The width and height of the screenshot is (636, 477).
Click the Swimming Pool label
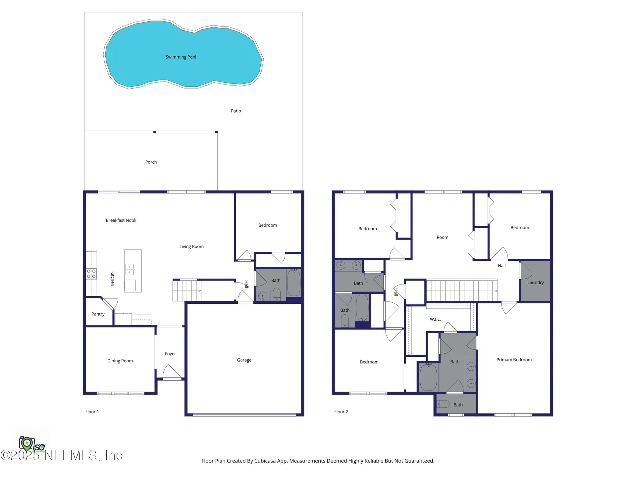tap(181, 57)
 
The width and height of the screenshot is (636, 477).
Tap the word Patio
tap(236, 111)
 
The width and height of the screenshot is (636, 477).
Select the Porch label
tap(151, 162)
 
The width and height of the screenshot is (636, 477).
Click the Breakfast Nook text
tap(121, 220)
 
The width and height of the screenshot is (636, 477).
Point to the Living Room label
tap(191, 246)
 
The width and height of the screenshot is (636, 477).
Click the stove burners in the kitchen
tap(91, 274)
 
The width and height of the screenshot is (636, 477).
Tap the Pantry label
tap(98, 314)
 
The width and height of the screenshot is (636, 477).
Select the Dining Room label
tap(120, 361)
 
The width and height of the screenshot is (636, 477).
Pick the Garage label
tap(244, 360)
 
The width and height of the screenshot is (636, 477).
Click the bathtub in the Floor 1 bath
tap(294, 283)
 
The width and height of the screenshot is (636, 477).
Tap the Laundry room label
tap(536, 283)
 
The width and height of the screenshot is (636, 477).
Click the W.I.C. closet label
tap(435, 319)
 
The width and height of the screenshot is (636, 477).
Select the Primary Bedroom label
tap(514, 360)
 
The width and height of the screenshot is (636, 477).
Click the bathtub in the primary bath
tap(428, 377)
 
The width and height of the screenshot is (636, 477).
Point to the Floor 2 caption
tap(341, 412)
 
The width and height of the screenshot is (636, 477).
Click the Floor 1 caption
tap(92, 412)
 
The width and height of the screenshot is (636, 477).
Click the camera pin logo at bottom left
tap(27, 444)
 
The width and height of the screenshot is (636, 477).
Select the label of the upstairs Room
tap(443, 237)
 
